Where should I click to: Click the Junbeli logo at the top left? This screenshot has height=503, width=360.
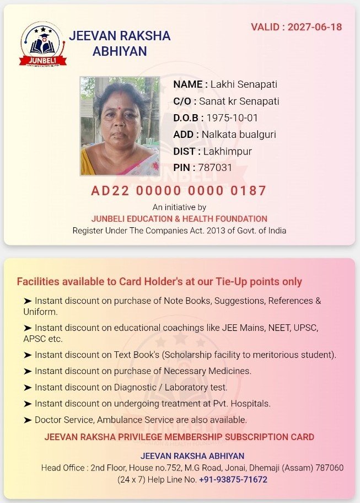[43, 44]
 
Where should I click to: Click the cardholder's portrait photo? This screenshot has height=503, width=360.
[120, 126]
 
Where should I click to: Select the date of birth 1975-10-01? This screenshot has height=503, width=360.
[232, 118]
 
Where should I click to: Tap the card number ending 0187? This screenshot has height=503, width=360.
[179, 191]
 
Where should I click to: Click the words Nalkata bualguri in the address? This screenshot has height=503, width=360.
[239, 135]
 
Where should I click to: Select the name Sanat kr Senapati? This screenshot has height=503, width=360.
[239, 101]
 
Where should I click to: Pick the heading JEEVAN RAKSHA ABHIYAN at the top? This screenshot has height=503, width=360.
[120, 44]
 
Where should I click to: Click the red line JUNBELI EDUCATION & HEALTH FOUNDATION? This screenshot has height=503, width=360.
[179, 219]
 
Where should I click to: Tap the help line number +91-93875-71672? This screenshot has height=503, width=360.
[233, 479]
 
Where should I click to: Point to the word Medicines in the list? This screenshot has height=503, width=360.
[226, 371]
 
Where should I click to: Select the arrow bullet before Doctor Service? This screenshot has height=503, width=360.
[28, 420]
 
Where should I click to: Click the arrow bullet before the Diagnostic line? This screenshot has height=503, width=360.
[28, 387]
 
